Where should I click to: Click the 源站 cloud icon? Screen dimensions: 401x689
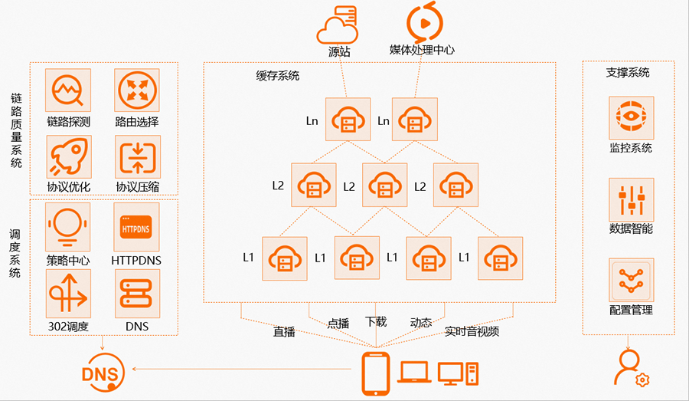(x=338, y=25)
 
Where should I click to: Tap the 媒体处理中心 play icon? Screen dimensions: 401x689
(x=422, y=22)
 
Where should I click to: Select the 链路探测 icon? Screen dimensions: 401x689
(x=68, y=91)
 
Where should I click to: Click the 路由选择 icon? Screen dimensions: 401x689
(x=137, y=91)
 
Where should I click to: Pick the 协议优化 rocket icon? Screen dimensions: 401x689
(x=68, y=157)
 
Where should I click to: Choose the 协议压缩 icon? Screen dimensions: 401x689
(x=137, y=157)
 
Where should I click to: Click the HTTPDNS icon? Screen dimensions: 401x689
(x=137, y=227)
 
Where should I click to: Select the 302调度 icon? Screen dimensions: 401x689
(x=68, y=294)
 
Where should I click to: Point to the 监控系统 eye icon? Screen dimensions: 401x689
(x=631, y=118)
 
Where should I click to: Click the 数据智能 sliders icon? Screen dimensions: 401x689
(x=631, y=201)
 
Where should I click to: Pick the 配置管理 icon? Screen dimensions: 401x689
(x=631, y=281)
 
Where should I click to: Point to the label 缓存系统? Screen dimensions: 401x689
(x=278, y=76)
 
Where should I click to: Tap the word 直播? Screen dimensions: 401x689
(x=285, y=332)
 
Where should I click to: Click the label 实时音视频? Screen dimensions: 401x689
(x=472, y=332)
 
